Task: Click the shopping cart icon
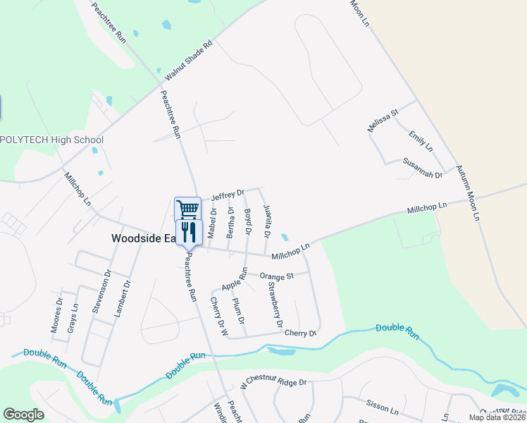[x=187, y=209]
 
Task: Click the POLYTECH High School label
[x=52, y=140]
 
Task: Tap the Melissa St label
[x=383, y=121]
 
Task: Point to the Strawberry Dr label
[x=275, y=305]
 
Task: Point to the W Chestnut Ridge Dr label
[x=273, y=383]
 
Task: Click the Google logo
[x=23, y=415]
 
